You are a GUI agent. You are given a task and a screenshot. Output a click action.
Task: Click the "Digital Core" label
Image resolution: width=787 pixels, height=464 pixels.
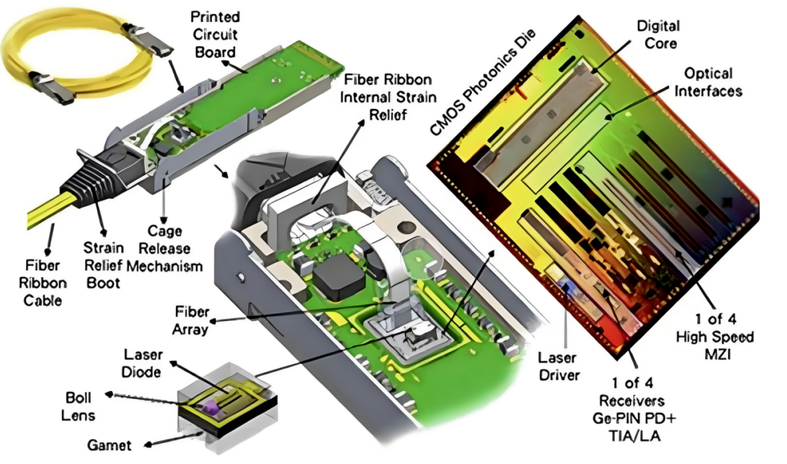pyautogui.click(x=657, y=34)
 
